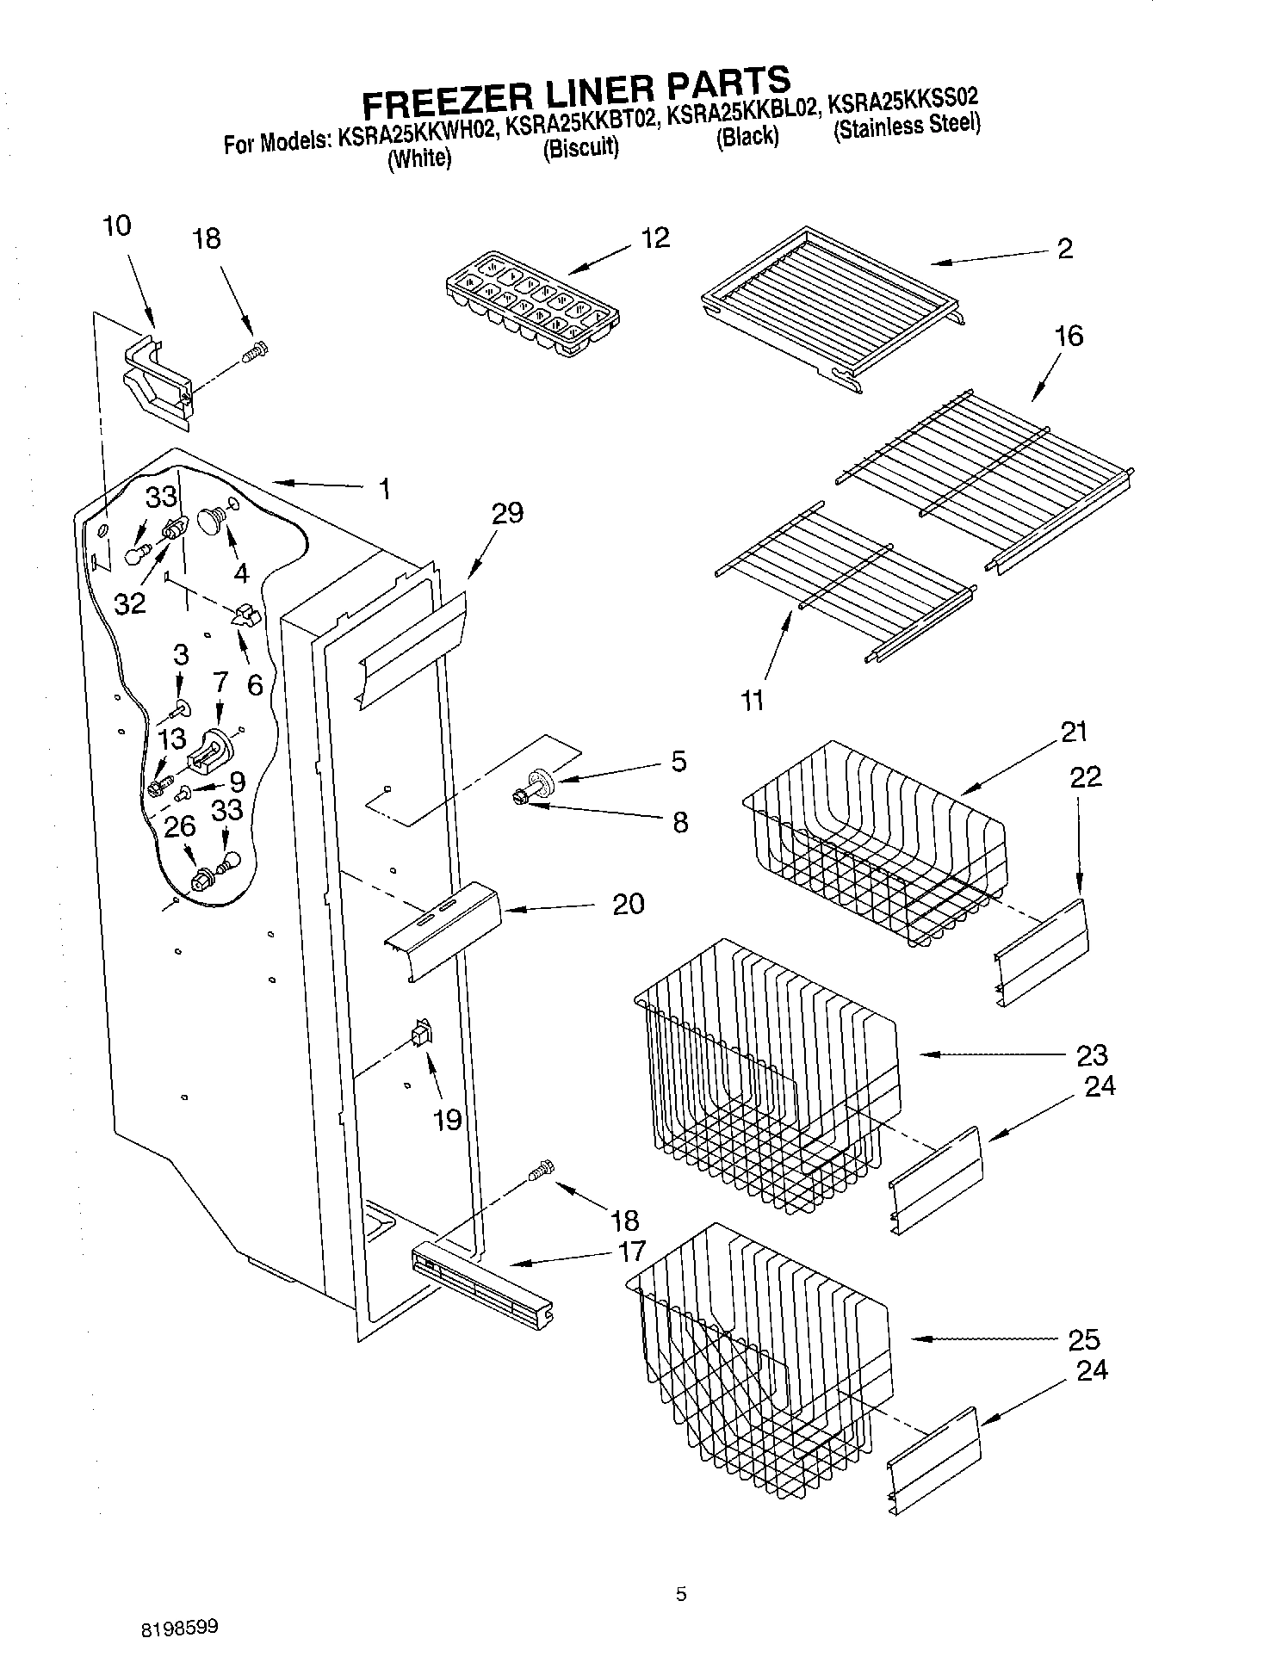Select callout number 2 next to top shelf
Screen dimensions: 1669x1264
coord(1065,249)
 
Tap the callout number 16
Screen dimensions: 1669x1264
coord(1069,336)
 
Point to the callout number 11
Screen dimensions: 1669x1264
coord(753,701)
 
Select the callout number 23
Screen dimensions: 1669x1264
coord(1091,1055)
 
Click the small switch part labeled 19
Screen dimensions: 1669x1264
coord(421,1031)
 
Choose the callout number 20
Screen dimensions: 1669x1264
coord(628,904)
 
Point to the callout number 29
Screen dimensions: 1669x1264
coord(507,513)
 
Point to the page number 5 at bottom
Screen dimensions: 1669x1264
coord(681,1595)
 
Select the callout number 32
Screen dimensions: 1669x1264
coord(130,604)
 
